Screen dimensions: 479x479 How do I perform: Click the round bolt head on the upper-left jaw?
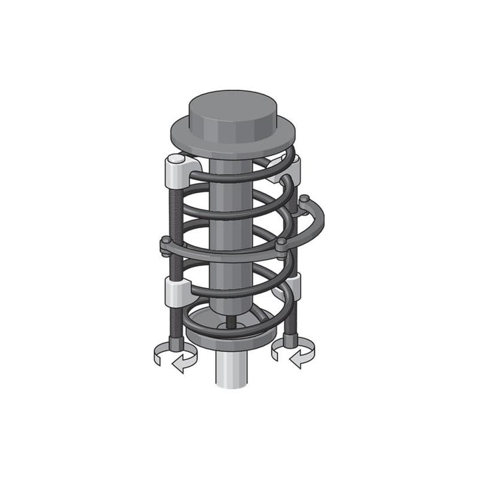174,160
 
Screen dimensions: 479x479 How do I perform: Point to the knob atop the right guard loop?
303,198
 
